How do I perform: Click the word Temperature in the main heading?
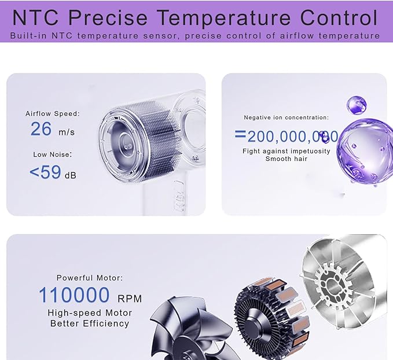coord(225,18)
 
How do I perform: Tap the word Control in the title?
coord(339,17)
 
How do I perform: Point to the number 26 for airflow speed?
coord(41,129)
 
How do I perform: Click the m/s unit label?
coord(67,132)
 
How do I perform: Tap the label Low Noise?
coord(53,155)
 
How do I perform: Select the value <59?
coord(45,172)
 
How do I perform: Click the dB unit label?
coord(71,175)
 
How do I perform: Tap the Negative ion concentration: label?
coord(287,117)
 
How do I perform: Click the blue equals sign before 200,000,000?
coord(240,134)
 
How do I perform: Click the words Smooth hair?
coord(287,159)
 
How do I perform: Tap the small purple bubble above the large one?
coord(357,105)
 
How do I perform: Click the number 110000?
coord(74,295)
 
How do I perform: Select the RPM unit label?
coord(130,299)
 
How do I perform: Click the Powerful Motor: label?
coord(90,278)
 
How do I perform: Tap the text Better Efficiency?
coord(90,324)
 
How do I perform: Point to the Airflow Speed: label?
coord(53,113)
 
